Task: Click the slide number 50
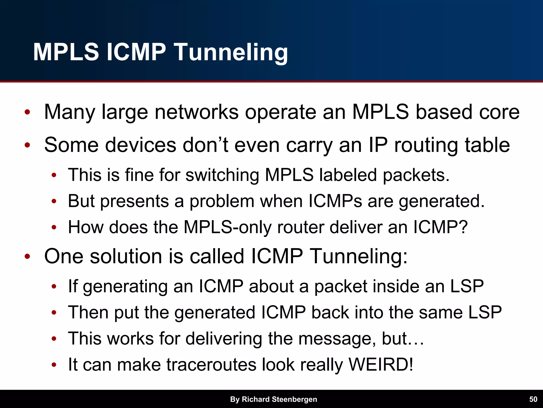(x=533, y=399)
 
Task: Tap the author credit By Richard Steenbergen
(x=273, y=399)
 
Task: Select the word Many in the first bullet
(x=69, y=112)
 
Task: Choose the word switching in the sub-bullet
(x=222, y=175)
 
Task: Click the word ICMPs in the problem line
(x=335, y=201)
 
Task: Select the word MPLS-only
(x=227, y=227)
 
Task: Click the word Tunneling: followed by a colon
(x=358, y=256)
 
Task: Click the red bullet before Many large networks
(x=27, y=112)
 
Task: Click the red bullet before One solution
(x=27, y=257)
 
